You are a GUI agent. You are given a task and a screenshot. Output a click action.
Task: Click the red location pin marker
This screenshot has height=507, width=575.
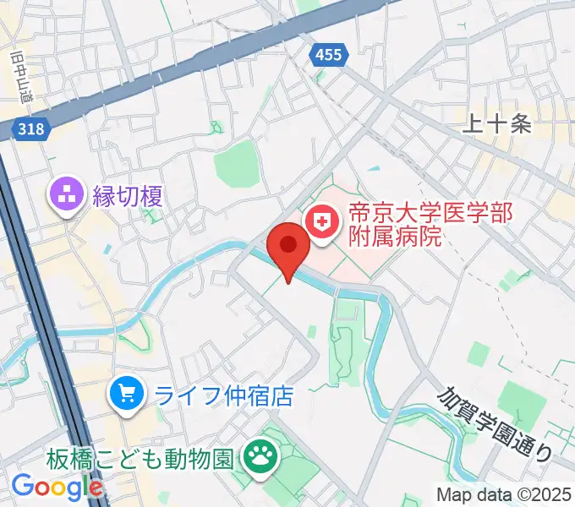[288, 250]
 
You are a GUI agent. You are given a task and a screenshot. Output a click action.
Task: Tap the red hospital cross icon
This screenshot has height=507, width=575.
[321, 223]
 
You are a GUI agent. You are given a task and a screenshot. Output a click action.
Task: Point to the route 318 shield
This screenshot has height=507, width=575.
[30, 128]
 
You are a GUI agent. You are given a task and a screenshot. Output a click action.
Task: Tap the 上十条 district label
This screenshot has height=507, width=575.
[498, 125]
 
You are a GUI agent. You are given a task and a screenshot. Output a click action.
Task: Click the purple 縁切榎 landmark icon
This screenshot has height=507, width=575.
[66, 197]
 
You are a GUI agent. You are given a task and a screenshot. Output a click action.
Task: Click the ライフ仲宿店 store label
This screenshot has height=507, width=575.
[221, 395]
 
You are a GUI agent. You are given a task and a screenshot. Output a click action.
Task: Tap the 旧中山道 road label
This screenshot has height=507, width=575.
[20, 75]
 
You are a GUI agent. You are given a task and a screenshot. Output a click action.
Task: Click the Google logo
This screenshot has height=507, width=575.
[57, 488]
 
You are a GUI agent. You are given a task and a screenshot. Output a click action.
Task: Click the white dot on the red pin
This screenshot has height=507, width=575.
[288, 244]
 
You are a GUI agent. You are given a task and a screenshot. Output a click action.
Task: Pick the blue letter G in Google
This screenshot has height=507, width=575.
[24, 487]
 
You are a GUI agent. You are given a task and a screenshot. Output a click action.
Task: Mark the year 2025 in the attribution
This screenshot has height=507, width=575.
[553, 494]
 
